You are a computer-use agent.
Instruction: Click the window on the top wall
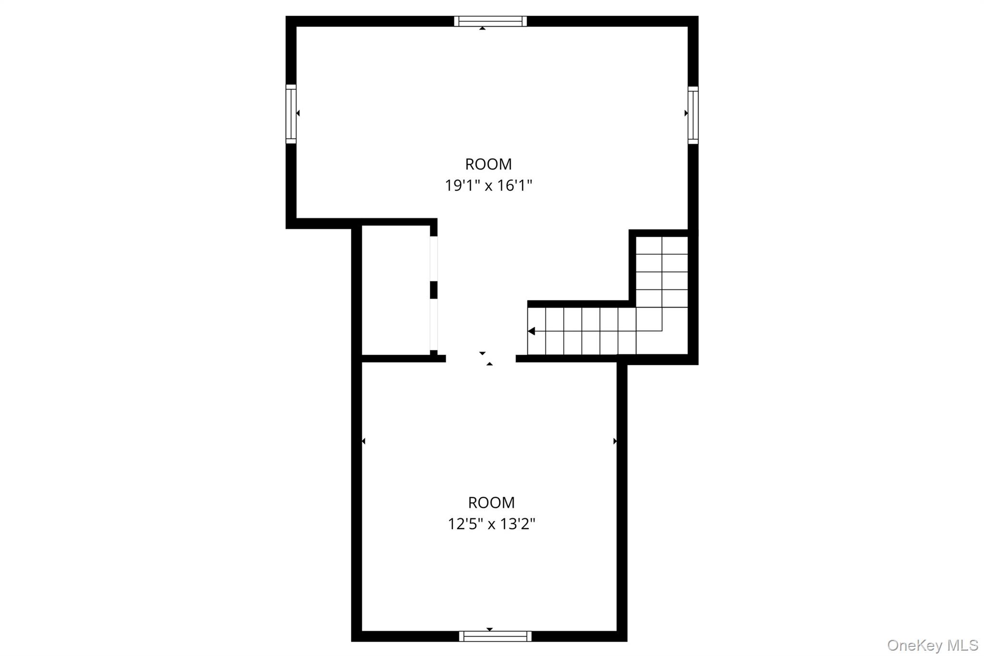click(x=490, y=21)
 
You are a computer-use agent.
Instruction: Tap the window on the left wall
click(x=291, y=114)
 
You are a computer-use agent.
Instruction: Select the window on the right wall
click(x=693, y=115)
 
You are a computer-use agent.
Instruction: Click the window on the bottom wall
click(x=495, y=636)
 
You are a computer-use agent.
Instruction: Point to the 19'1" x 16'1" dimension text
click(x=489, y=186)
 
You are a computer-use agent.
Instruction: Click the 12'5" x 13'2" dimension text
click(x=492, y=524)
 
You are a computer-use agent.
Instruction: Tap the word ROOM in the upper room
click(x=489, y=164)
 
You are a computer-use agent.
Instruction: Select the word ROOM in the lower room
click(x=492, y=503)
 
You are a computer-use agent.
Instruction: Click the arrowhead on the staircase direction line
click(x=531, y=331)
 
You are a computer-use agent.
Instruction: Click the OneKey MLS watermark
click(x=933, y=645)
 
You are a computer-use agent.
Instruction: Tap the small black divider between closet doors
click(x=434, y=290)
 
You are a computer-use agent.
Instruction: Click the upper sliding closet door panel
click(x=434, y=259)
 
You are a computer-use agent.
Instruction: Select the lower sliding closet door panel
click(x=434, y=325)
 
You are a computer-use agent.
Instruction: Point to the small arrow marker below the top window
click(x=482, y=28)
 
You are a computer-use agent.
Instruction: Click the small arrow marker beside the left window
click(x=298, y=113)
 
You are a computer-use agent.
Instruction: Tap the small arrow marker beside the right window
click(x=686, y=113)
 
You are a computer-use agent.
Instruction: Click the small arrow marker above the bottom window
click(x=490, y=629)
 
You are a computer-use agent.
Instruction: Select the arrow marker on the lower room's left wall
click(x=363, y=441)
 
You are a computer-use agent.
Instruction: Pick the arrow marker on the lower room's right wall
click(x=615, y=441)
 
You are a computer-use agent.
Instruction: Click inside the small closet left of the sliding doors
click(x=395, y=290)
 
